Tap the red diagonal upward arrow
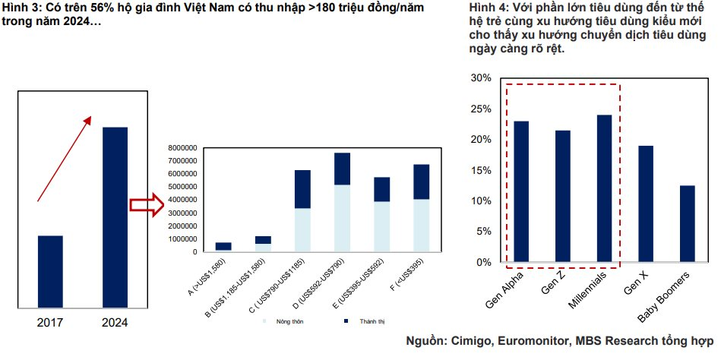[65, 159]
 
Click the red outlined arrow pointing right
[147, 204]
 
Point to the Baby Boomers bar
[687, 223]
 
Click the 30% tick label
[482, 78]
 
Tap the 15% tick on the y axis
[482, 170]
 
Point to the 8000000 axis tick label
[182, 147]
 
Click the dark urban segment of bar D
[342, 169]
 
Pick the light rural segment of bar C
[302, 229]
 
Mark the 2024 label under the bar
[115, 323]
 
